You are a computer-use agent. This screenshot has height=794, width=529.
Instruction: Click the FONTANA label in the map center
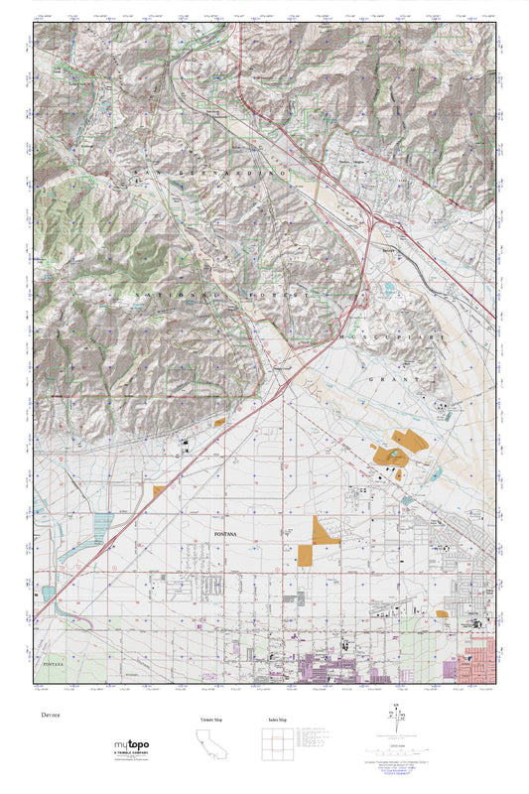pyautogui.click(x=228, y=534)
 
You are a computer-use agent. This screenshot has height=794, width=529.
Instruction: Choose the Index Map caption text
pyautogui.click(x=278, y=719)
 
